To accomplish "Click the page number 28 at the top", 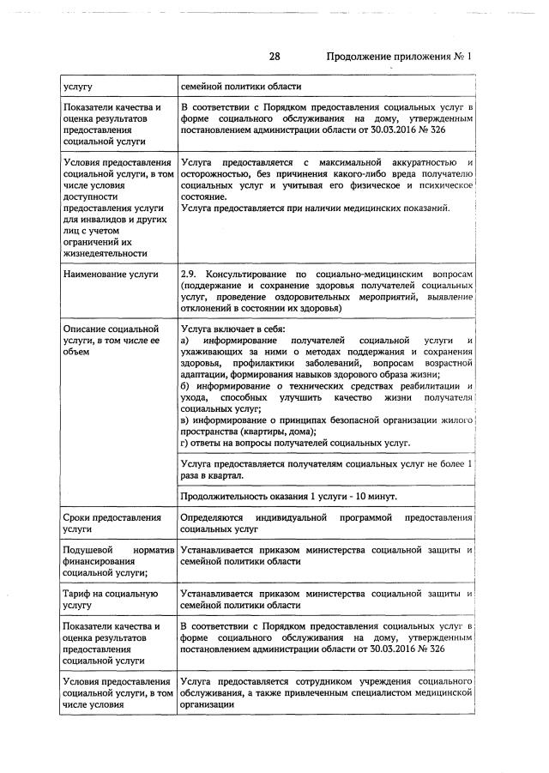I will point(274,57).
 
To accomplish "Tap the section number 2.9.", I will point(192,274).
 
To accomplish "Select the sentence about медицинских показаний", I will point(315,208).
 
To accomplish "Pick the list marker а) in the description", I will point(186,341).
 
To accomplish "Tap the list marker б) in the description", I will point(186,388).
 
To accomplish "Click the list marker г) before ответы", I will point(185,443).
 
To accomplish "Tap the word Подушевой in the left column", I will point(93,548).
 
